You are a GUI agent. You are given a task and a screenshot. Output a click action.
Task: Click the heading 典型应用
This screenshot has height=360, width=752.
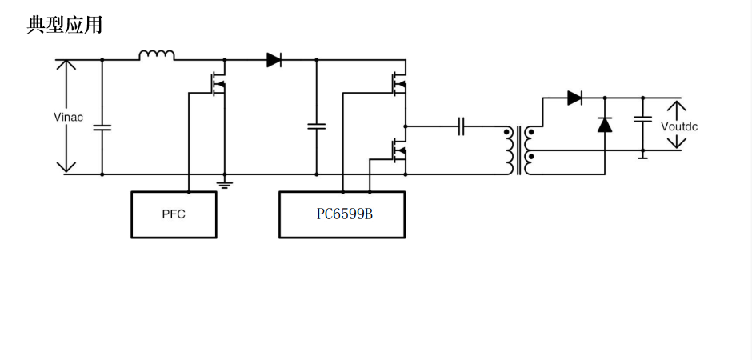point(65,25)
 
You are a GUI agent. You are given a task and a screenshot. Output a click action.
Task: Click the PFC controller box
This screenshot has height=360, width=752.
point(174,214)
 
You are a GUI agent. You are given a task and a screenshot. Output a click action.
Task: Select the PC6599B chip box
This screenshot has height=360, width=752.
point(342,214)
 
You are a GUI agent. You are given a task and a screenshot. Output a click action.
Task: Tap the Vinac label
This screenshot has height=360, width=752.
point(68,118)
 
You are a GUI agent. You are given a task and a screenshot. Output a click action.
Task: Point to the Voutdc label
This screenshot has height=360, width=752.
point(678,126)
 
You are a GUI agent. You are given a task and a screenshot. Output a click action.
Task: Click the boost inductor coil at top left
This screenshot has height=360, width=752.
point(157,56)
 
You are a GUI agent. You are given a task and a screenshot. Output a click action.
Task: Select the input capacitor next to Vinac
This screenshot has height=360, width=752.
point(102,126)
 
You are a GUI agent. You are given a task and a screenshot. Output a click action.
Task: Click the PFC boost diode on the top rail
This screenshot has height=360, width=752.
point(274,59)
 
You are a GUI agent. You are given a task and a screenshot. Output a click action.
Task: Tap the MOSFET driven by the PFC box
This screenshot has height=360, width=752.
point(216,83)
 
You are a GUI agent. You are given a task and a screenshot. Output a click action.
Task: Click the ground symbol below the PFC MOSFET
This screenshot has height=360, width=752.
point(225,184)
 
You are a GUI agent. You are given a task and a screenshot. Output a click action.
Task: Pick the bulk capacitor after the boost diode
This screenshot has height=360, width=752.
point(316,126)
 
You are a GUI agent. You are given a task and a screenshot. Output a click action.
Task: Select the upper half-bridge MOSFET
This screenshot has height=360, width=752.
point(397,83)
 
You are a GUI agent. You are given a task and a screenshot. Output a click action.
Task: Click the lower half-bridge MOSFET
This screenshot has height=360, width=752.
point(397,150)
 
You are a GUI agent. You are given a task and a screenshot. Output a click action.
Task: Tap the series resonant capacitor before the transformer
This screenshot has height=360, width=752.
point(462,126)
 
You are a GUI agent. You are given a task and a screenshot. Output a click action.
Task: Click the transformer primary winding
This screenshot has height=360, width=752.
point(508,150)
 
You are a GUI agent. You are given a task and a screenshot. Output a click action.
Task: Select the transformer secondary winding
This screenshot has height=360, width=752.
point(529,150)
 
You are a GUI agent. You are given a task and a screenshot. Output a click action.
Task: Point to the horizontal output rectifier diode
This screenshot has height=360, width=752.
point(574,98)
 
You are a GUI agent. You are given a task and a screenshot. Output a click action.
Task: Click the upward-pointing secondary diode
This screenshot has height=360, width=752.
point(605,124)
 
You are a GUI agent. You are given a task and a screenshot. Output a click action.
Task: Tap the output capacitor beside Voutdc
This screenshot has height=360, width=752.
point(642,120)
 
